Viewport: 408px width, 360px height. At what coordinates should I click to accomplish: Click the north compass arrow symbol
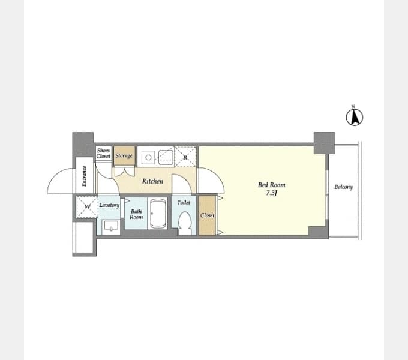click(x=355, y=118)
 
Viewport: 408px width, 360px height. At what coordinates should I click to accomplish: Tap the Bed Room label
click(x=271, y=185)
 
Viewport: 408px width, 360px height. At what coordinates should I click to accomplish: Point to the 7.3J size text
click(x=271, y=193)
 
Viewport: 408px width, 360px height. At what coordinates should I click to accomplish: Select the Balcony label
click(x=343, y=187)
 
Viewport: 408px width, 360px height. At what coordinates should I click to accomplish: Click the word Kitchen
click(x=153, y=181)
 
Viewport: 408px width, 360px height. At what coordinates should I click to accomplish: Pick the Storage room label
click(x=124, y=155)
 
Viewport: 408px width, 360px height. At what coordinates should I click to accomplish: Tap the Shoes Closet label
click(x=103, y=153)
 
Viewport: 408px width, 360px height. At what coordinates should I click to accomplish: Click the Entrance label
click(x=84, y=176)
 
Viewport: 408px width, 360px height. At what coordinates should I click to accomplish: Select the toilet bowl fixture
click(x=184, y=223)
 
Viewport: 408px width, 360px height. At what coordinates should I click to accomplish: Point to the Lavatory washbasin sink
click(x=111, y=226)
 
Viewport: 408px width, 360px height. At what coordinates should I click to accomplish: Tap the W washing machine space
click(x=87, y=207)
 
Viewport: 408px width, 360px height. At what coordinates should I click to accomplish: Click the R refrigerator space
click(x=185, y=157)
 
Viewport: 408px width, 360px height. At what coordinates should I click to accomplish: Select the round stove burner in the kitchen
click(x=148, y=157)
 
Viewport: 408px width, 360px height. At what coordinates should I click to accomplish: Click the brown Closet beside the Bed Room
click(x=208, y=215)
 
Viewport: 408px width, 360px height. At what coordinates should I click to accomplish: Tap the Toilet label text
click(x=184, y=202)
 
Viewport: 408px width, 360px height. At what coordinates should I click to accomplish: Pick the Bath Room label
click(x=136, y=214)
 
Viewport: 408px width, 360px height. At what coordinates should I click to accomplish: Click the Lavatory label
click(x=109, y=205)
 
